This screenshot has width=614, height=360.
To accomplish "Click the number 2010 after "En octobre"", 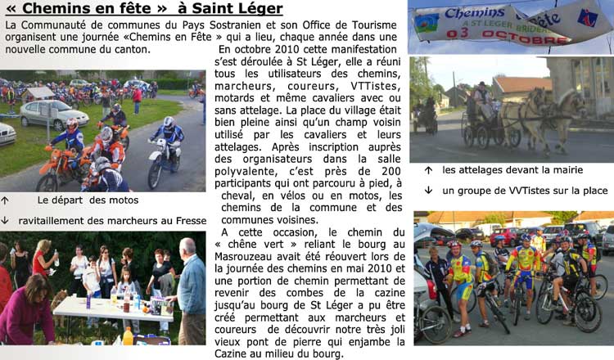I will [x=273, y=49].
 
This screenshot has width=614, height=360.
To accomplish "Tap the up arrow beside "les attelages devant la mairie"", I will [x=428, y=169].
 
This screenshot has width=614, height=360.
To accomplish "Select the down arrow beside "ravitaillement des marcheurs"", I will [x=6, y=220].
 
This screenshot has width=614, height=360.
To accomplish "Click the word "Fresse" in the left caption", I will [x=190, y=220].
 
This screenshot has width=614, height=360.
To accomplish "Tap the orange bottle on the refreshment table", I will [x=128, y=335].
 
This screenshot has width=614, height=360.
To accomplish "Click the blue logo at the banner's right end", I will [x=586, y=18].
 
